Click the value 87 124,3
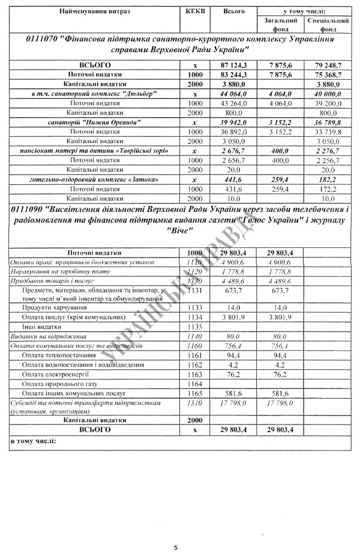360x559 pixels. point(234,64)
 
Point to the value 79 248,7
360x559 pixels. point(328,64)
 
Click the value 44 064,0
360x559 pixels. point(234,94)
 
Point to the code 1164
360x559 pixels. point(196,383)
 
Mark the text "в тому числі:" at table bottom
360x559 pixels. point(33,443)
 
